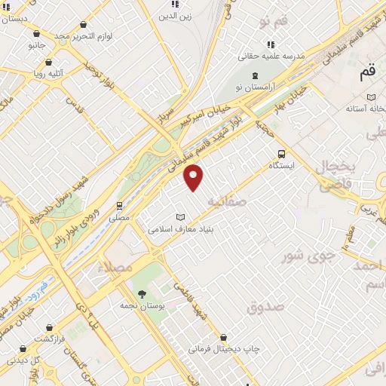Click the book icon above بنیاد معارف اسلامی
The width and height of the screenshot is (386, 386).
click(179, 217)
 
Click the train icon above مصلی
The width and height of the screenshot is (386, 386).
click(119, 205)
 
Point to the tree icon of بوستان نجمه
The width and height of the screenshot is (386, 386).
click(140, 293)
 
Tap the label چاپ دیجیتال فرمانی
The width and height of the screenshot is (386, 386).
click(223, 348)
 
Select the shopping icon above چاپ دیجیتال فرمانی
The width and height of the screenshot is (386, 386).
click(223, 337)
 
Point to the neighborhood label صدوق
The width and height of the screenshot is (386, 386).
click(264, 306)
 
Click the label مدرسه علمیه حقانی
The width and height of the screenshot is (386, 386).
click(271, 55)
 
